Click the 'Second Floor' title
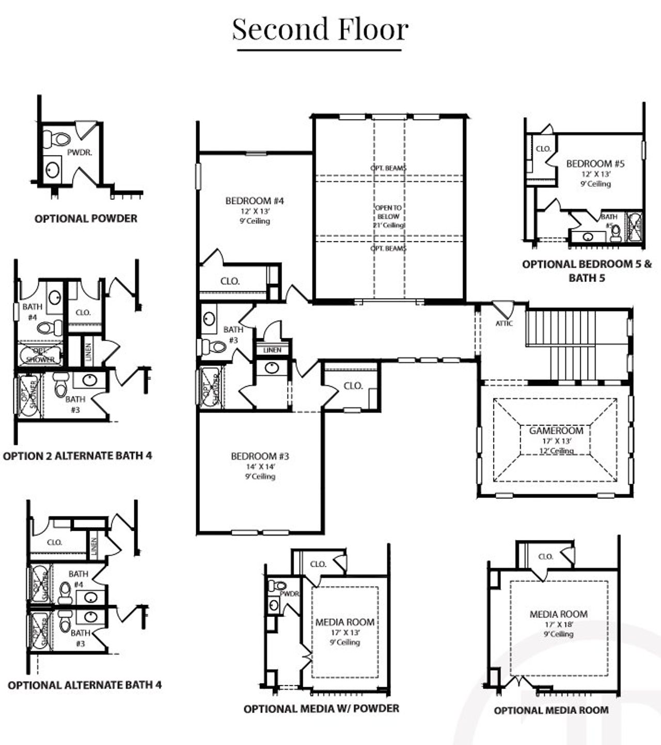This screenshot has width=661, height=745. click(x=320, y=29)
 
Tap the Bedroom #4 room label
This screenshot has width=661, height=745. click(x=255, y=201)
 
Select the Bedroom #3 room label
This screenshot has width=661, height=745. click(x=260, y=456)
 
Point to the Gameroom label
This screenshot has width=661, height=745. click(x=556, y=431)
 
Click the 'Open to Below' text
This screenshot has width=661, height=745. click(x=388, y=212)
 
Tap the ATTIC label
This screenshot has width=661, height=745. click(x=504, y=324)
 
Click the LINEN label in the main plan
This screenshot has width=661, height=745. click(x=272, y=350)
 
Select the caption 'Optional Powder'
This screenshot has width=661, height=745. click(x=86, y=218)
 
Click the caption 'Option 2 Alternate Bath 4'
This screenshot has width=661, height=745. click(x=77, y=456)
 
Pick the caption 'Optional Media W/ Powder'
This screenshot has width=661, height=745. click(x=321, y=708)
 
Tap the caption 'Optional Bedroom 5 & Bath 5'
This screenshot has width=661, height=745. click(x=587, y=271)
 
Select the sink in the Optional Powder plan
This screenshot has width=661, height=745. click(x=52, y=169)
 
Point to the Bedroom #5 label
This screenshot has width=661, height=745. click(x=595, y=164)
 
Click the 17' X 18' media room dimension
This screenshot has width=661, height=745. click(x=558, y=624)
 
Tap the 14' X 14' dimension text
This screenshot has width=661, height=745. click(x=260, y=467)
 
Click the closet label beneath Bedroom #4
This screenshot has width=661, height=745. click(x=230, y=281)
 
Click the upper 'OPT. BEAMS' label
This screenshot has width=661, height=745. click(x=388, y=168)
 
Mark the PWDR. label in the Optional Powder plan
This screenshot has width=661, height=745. click(x=80, y=153)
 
